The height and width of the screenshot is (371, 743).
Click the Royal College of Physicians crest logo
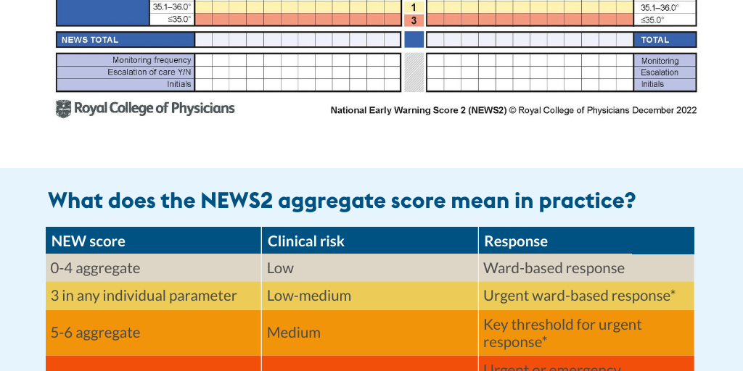(64, 109)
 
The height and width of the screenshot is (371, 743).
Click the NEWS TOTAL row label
(90, 40)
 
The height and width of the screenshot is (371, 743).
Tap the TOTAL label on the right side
(654, 40)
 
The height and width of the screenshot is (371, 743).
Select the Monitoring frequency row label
(152, 60)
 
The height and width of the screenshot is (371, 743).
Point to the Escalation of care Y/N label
(149, 72)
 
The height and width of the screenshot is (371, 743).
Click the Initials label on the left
(178, 84)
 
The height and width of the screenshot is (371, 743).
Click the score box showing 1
(414, 7)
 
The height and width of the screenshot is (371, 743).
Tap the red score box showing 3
(414, 20)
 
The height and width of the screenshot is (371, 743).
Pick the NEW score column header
(89, 241)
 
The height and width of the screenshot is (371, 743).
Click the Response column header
(516, 241)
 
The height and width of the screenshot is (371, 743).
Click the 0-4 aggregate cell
(95, 268)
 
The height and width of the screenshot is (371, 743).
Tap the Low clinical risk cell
(280, 268)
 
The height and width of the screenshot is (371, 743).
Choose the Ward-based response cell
(554, 268)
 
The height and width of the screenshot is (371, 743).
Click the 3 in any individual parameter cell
(144, 296)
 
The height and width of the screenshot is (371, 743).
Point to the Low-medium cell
(309, 296)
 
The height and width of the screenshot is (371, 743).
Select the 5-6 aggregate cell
(95, 333)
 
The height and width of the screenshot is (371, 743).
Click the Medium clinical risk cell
(293, 333)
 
